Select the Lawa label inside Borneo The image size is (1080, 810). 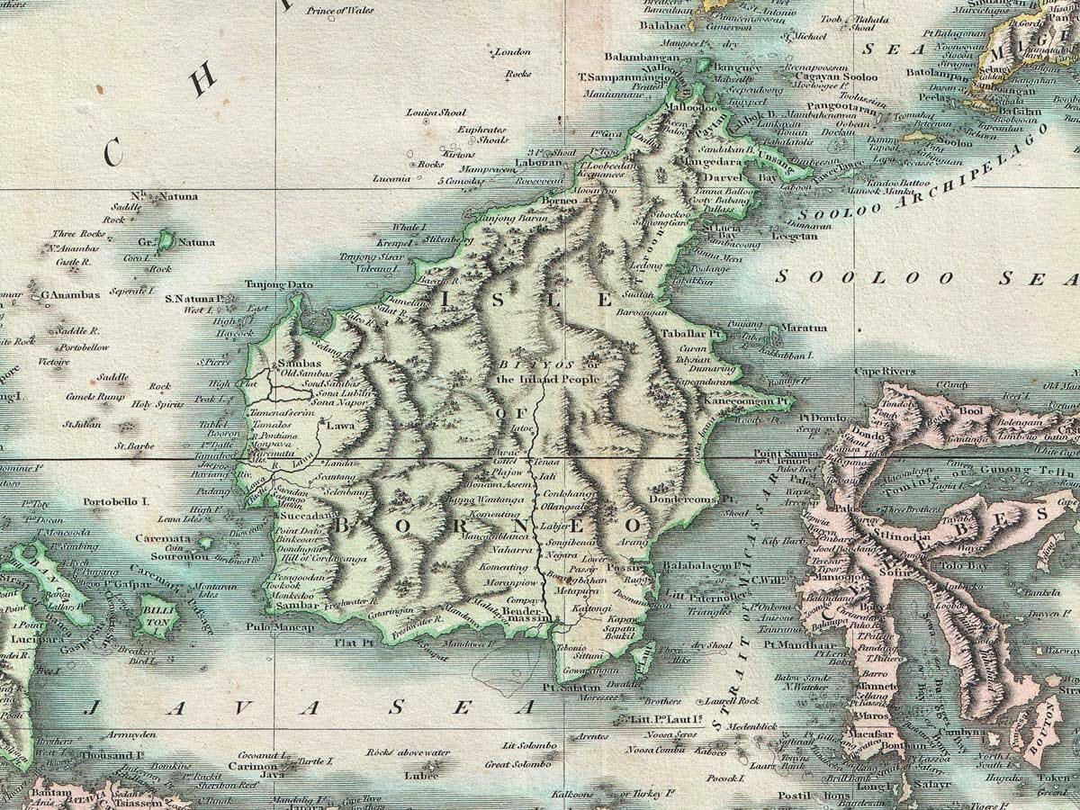(340, 425)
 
